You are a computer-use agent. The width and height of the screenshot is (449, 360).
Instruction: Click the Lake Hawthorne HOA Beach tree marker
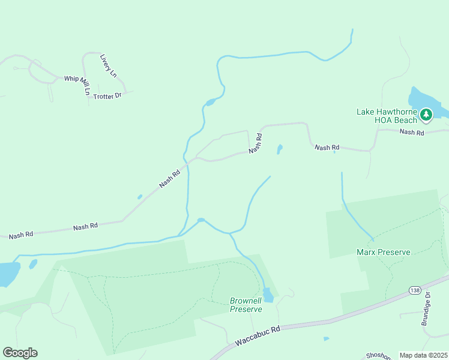click(x=426, y=113)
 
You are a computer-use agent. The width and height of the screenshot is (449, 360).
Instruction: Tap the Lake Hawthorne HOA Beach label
click(x=387, y=116)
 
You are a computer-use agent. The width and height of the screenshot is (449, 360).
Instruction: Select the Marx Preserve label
click(x=383, y=253)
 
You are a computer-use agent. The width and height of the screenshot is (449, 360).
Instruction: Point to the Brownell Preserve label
click(x=246, y=305)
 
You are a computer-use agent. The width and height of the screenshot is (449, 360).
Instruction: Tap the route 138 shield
click(x=414, y=290)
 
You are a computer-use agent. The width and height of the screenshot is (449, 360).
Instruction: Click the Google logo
click(x=20, y=353)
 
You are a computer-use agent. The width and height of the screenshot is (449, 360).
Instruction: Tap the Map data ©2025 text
click(x=423, y=355)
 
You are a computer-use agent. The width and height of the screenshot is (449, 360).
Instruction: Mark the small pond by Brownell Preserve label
click(x=268, y=295)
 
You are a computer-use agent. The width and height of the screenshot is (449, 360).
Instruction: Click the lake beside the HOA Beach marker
click(x=420, y=99)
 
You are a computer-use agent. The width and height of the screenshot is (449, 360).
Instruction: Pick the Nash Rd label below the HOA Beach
click(x=412, y=132)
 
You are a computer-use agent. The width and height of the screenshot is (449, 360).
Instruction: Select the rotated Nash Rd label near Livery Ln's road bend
click(x=256, y=143)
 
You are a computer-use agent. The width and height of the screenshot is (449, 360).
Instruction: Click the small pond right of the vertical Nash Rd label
click(x=280, y=149)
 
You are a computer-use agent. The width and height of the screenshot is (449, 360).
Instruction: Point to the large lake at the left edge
click(x=7, y=274)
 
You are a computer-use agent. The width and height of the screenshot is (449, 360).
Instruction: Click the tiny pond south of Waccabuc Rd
click(x=326, y=339)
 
